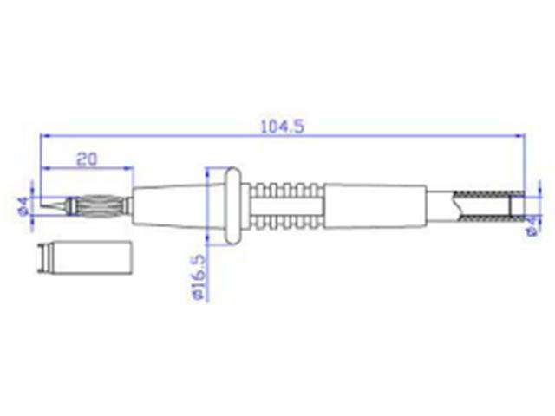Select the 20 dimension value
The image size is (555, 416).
86,158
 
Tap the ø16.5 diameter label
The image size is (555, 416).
197,277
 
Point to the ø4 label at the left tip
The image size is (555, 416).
23,205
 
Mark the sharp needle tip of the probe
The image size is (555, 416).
45,205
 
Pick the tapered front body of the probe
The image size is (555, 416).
169,206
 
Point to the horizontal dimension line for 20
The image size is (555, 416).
87,168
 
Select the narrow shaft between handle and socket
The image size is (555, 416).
442,206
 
